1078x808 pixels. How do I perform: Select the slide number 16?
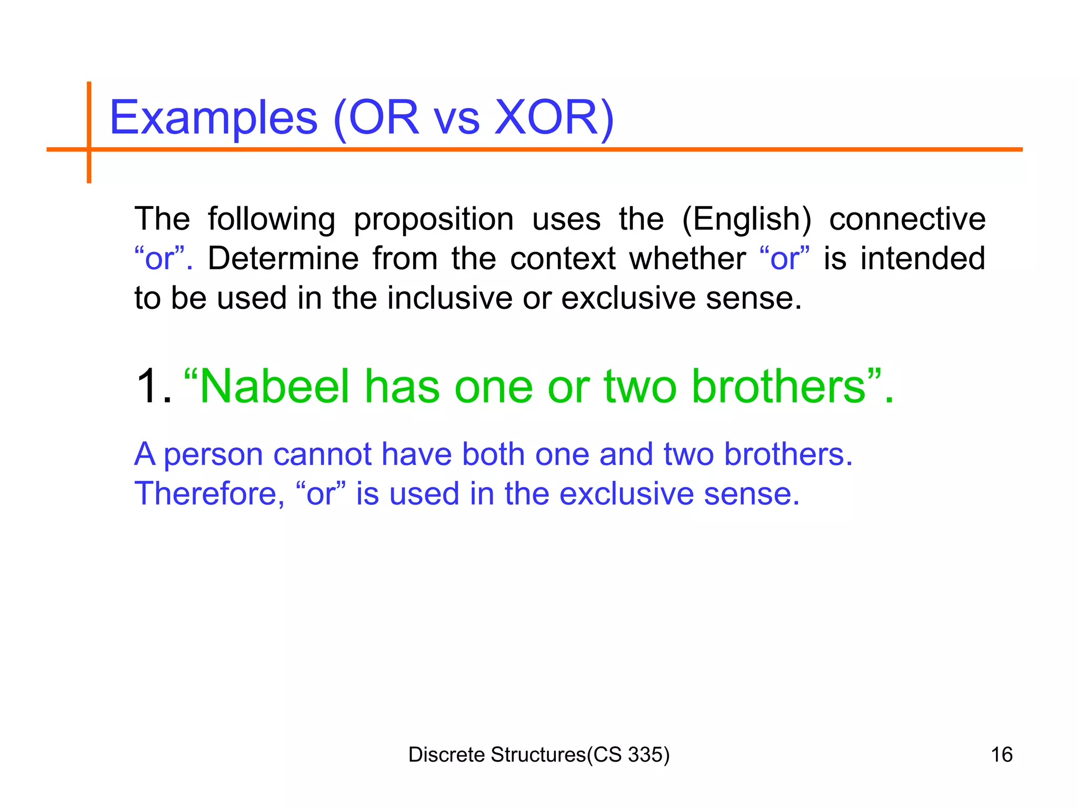(x=1001, y=755)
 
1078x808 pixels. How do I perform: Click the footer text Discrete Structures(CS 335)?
(x=538, y=755)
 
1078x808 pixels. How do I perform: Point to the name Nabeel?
(x=274, y=387)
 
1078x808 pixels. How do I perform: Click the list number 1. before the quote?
(x=153, y=387)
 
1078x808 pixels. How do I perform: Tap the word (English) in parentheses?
(x=746, y=219)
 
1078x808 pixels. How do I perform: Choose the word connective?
(x=907, y=219)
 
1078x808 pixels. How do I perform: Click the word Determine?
(x=283, y=258)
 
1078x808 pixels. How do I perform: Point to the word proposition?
(x=433, y=220)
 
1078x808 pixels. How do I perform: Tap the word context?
(x=563, y=258)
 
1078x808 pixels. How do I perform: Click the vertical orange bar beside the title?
(x=89, y=132)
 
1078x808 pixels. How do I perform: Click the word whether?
(x=687, y=258)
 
